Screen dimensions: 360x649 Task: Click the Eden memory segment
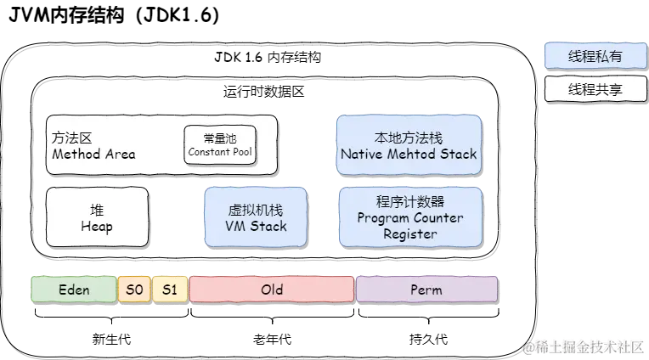[74, 290]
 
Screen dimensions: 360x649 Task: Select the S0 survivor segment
[134, 290]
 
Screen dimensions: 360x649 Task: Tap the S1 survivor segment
[170, 290]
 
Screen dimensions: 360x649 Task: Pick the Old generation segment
[272, 290]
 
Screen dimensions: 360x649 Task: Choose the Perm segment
[426, 290]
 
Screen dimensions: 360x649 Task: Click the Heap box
[97, 218]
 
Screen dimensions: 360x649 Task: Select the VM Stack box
[257, 218]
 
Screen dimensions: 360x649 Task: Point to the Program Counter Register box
[410, 218]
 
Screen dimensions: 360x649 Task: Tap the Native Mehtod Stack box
[409, 146]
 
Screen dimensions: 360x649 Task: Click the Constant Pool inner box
[220, 144]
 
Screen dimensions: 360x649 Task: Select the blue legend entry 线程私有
[595, 57]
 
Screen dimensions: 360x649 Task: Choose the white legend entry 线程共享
[595, 88]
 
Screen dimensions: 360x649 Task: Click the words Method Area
[93, 155]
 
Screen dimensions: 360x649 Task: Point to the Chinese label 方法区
[71, 138]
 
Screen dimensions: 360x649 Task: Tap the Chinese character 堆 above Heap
[97, 210]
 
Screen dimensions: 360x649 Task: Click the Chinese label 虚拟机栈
[257, 210]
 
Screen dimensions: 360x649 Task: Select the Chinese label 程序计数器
[410, 202]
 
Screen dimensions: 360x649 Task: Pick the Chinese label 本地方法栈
[409, 138]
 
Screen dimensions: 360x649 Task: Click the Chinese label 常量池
[220, 138]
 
